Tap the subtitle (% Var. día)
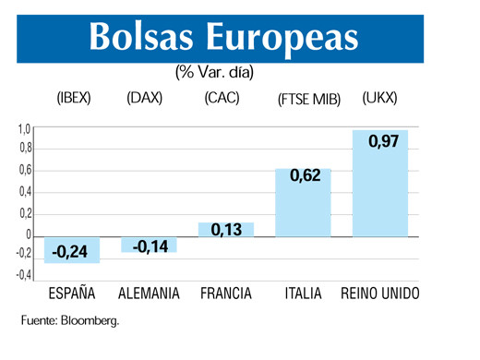213,71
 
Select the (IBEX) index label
74,99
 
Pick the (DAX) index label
144,99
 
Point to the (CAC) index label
223,99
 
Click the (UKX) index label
380,99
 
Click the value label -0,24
70,251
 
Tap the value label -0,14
150,246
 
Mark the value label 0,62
305,175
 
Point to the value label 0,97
383,141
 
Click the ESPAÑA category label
72,294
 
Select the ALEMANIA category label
150,294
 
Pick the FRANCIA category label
226,294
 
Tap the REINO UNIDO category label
379,294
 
